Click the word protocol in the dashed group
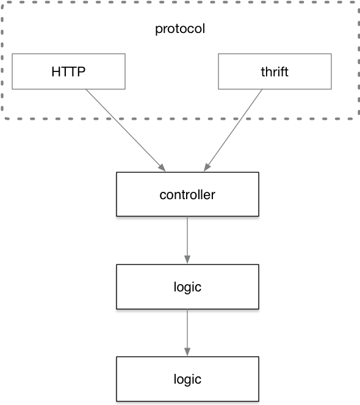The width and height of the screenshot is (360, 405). pos(180,29)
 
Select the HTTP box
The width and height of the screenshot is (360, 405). pos(69,71)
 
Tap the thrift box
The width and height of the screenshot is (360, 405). pos(275,71)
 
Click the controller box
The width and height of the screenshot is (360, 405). pos(187,194)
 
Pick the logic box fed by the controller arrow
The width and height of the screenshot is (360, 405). pos(187,286)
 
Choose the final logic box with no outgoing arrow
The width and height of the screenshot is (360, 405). pos(187,379)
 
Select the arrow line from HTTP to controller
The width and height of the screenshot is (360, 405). pos(126,131)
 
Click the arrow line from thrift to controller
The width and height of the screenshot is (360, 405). pos(233,131)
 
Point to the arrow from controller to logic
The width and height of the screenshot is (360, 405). pos(187,240)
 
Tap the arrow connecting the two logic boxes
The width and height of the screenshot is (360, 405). pos(187,332)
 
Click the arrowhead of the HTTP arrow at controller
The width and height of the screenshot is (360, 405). pos(162,167)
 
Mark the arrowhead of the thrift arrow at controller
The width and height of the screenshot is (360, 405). pos(207,167)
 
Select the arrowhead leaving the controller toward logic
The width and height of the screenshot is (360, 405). pos(187,260)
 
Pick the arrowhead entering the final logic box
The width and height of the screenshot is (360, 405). pos(187,352)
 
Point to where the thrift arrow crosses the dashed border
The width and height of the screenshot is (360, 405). pos(241,119)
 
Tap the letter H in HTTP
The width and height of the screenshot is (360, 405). pos(56,72)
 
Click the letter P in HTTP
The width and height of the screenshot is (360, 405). pos(81,72)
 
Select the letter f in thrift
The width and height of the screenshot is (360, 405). pos(283,71)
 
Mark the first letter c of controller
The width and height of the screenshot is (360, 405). pos(163,195)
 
